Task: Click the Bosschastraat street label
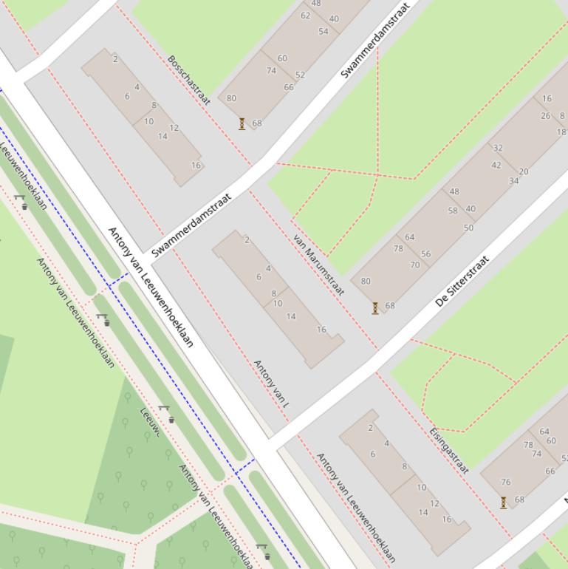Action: (189, 81)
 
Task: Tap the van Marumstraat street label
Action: (319, 265)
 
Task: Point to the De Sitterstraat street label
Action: (462, 282)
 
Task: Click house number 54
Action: (324, 31)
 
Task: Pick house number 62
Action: (306, 16)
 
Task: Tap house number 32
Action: (498, 148)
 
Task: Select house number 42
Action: (496, 166)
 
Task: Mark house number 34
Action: (514, 181)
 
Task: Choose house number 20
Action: (524, 171)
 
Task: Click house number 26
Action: (545, 115)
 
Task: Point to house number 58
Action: (453, 211)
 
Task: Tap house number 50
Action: (468, 228)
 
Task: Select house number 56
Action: (426, 254)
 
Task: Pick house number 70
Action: (415, 265)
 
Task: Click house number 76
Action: (506, 482)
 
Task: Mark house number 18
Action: (561, 132)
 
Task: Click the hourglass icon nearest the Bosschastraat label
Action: (242, 124)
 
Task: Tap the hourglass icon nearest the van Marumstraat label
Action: (375, 308)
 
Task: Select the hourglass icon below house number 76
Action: (504, 502)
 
